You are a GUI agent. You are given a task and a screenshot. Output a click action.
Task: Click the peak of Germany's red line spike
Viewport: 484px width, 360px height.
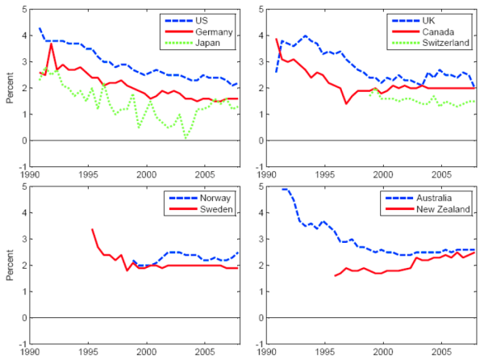(x=52, y=44)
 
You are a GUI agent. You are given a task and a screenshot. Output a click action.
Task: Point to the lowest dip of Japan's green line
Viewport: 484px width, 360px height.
(x=186, y=138)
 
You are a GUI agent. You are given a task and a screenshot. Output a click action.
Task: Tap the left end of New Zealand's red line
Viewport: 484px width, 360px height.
(x=335, y=276)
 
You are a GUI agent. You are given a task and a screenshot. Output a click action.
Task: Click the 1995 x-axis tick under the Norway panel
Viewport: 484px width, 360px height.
(x=89, y=353)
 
